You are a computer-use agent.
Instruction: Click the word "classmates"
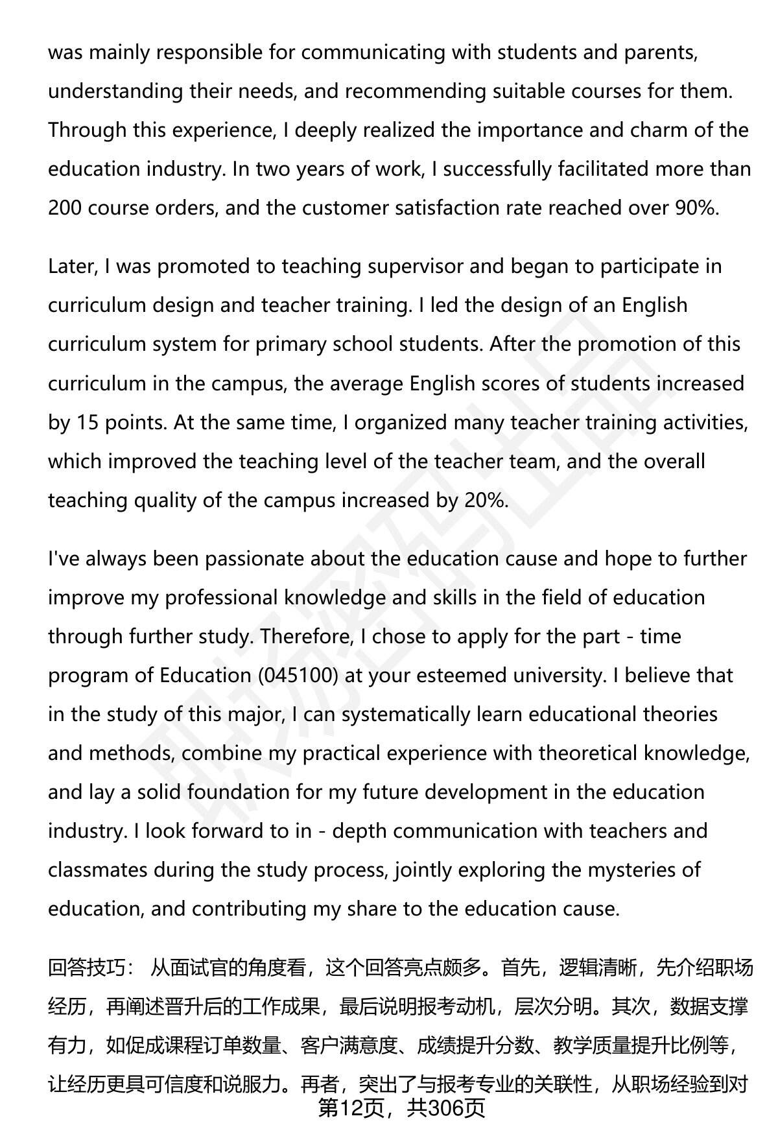pyautogui.click(x=97, y=870)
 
